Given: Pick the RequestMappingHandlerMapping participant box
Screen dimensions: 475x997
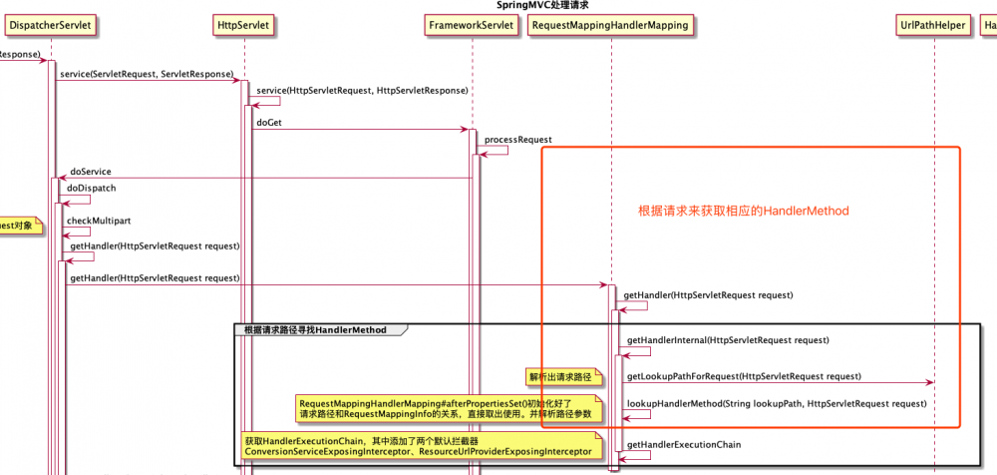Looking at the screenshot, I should click(610, 26).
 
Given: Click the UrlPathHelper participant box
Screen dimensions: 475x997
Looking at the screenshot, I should click(932, 26).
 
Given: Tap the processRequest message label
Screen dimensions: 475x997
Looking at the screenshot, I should click(518, 140).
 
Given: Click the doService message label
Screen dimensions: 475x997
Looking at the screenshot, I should click(91, 172).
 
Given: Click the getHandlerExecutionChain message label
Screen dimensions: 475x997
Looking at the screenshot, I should click(684, 444).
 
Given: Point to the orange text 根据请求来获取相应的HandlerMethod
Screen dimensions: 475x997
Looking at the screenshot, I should click(743, 213).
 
